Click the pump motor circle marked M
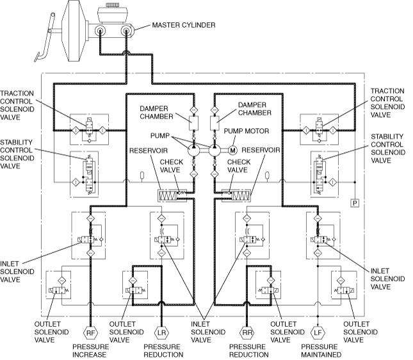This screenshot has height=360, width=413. (232, 151)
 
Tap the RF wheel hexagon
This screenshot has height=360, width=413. (90, 333)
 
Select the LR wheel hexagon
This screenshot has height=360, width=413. (161, 333)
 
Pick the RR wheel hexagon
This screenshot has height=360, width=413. (247, 333)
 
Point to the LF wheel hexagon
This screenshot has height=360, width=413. (318, 333)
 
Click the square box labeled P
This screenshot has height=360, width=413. (355, 203)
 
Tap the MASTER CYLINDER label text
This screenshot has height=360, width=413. (184, 25)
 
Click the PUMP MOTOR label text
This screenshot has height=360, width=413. (247, 131)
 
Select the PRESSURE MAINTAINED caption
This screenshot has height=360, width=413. (321, 350)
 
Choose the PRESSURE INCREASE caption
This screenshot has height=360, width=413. (91, 350)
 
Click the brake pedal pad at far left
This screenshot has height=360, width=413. (36, 56)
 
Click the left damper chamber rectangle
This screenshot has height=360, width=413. (193, 123)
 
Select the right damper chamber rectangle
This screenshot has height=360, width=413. (215, 123)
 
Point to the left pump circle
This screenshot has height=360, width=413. (194, 151)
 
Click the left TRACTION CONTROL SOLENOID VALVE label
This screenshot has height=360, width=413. (17, 105)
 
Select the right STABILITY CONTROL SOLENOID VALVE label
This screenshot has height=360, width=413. (388, 149)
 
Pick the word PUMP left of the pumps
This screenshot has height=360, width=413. (160, 136)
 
